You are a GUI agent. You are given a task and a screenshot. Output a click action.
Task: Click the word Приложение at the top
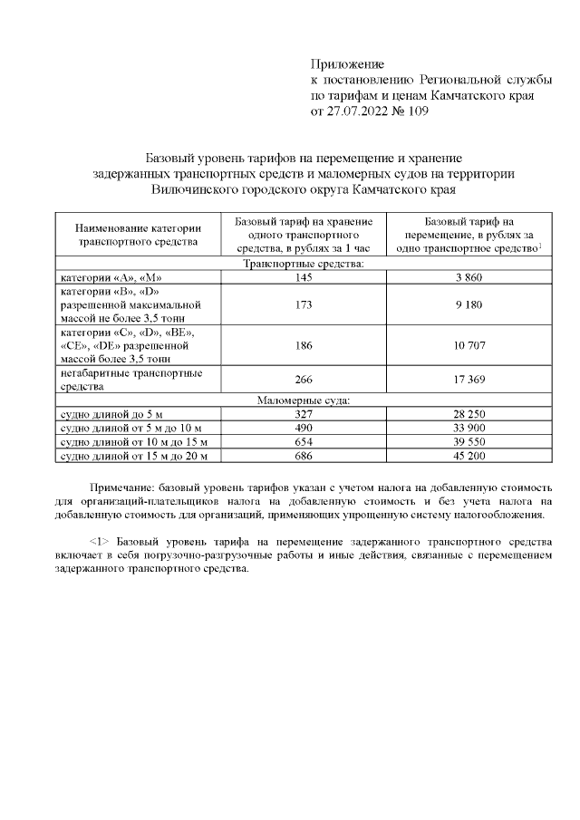347,63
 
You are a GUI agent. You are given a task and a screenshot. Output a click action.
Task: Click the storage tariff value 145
304,277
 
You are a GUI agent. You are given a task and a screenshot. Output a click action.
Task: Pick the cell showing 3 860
469,277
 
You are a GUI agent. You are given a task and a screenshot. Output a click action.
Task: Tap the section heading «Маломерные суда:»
304,400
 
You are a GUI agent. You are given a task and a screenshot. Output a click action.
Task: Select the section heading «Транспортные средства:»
304,264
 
